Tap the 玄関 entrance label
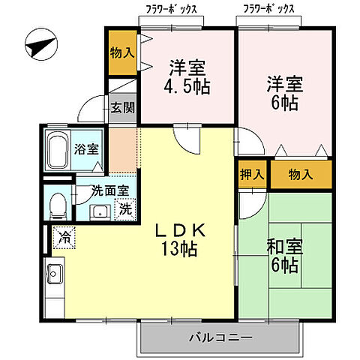[123, 107]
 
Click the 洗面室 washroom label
[109, 190]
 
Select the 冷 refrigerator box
[64, 238]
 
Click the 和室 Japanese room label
[283, 245]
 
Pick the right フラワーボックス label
[268, 10]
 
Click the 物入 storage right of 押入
[300, 175]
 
